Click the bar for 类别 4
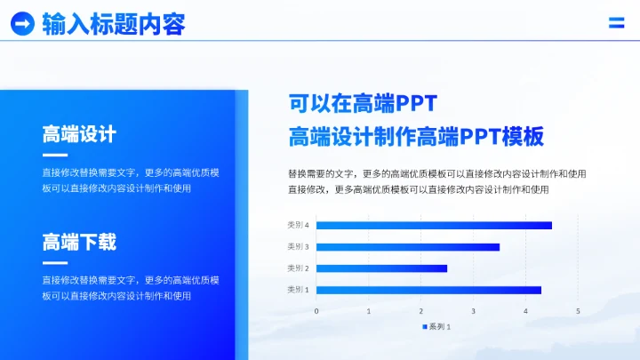pyautogui.click(x=434, y=226)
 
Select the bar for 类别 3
pyautogui.click(x=408, y=247)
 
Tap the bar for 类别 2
pyautogui.click(x=381, y=268)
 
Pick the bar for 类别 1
pyautogui.click(x=428, y=290)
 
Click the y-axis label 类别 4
pyautogui.click(x=298, y=226)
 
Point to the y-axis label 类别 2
pyautogui.click(x=298, y=268)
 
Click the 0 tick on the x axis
pyautogui.click(x=316, y=311)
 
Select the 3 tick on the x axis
pyautogui.click(x=474, y=311)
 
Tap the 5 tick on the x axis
pyautogui.click(x=578, y=311)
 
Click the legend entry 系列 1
pyautogui.click(x=438, y=326)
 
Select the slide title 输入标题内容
pyautogui.click(x=114, y=24)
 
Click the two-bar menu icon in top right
pyautogui.click(x=616, y=23)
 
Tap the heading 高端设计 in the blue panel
pyautogui.click(x=79, y=135)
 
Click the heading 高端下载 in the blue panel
pyautogui.click(x=79, y=242)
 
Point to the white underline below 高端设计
pyautogui.click(x=55, y=156)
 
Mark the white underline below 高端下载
pyautogui.click(x=55, y=262)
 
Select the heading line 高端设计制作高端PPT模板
pyautogui.click(x=415, y=137)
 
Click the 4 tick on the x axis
pyautogui.click(x=525, y=311)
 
